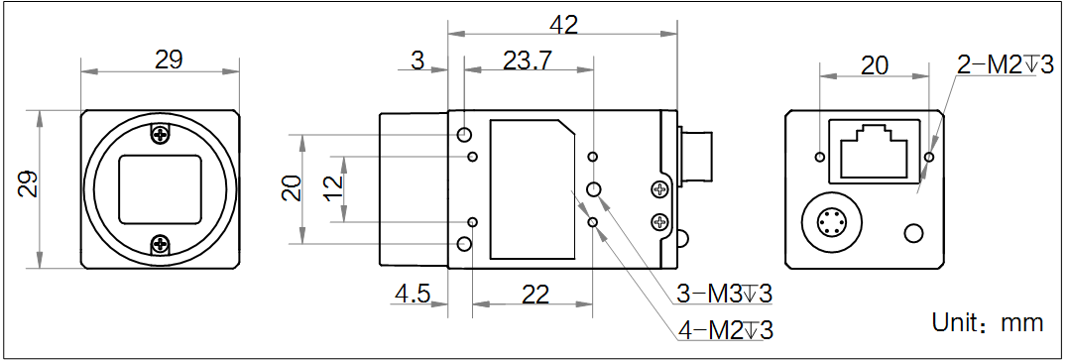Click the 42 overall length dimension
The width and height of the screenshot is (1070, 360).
click(563, 24)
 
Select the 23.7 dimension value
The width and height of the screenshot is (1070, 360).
click(528, 60)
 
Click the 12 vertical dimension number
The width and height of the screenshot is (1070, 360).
click(332, 188)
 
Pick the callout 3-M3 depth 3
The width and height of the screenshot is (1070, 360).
click(724, 294)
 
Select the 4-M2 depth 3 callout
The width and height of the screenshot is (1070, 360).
click(726, 330)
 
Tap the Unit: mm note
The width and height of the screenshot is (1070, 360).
click(988, 321)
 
